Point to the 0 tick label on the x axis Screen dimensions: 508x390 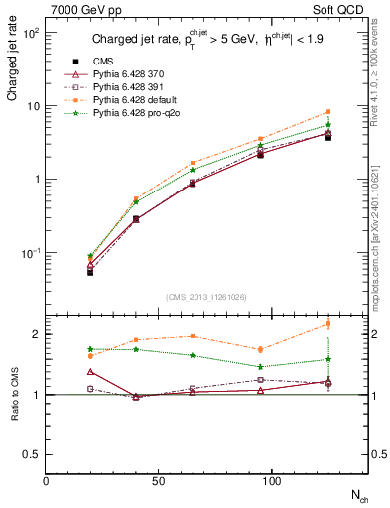pyautogui.click(x=46, y=481)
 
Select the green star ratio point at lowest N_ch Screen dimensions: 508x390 pyautogui.click(x=90, y=349)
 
